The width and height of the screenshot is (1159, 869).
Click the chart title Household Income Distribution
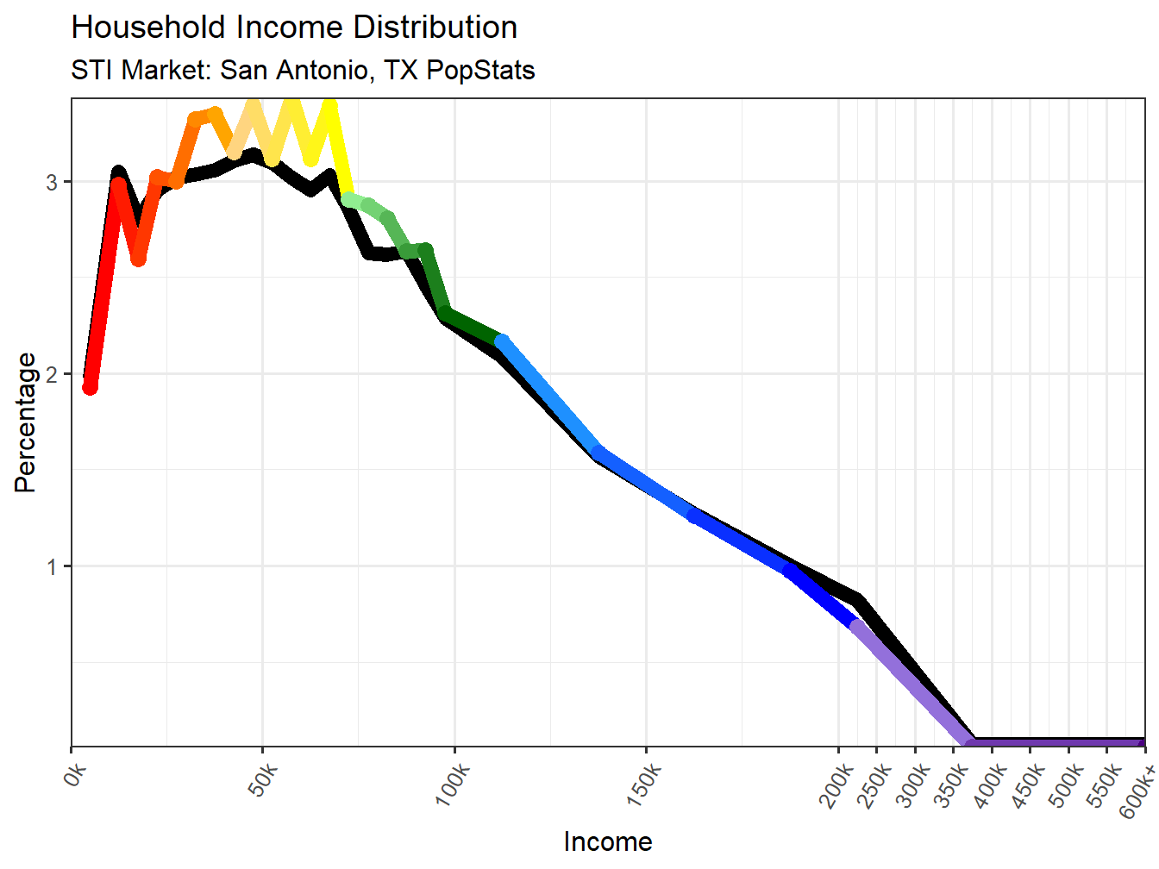(294, 28)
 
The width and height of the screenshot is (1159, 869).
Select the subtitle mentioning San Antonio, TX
(303, 70)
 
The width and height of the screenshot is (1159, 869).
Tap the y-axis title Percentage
(25, 422)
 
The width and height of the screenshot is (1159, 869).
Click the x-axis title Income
(607, 841)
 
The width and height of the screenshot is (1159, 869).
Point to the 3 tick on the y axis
(53, 182)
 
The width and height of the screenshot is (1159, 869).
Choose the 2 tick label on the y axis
(53, 374)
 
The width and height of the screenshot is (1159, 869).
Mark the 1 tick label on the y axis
(53, 566)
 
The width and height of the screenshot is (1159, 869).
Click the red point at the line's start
(90, 386)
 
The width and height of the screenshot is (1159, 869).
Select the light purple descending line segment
(910, 681)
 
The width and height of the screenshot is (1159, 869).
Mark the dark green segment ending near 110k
(473, 328)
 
